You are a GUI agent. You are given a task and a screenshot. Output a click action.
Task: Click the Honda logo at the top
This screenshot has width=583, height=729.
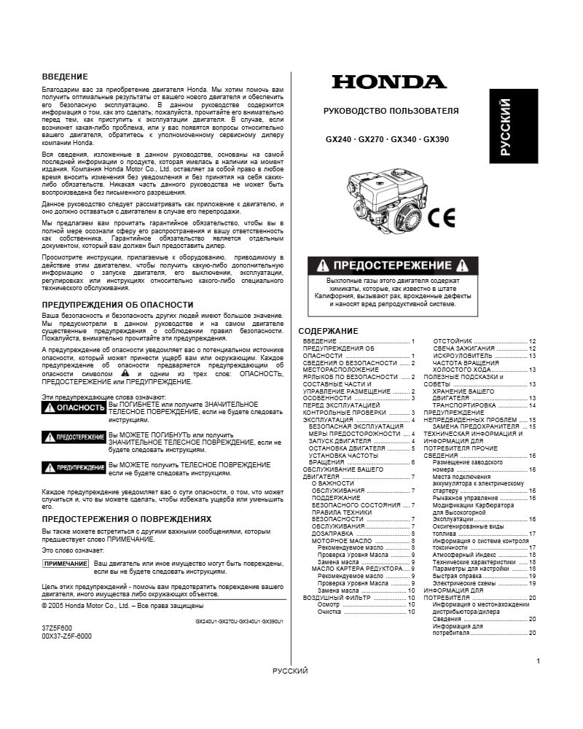[389, 82]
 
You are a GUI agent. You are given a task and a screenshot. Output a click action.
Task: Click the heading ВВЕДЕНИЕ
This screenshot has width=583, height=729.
[65, 77]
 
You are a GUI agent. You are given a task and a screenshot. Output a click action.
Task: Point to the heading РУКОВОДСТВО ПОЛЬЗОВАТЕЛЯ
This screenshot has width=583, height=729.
[391, 111]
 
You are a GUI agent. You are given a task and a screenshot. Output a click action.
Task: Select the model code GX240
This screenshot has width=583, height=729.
[338, 139]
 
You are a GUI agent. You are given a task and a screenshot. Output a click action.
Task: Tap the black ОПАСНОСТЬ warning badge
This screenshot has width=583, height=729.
[74, 408]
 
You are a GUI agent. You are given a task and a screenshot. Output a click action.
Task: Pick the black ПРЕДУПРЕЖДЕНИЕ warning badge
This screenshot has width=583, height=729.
[74, 466]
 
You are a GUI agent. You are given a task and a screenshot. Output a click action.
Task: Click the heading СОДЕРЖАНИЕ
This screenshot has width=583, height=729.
[329, 331]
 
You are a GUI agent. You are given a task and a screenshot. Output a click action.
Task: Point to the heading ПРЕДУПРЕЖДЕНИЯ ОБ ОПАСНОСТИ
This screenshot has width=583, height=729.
[107, 304]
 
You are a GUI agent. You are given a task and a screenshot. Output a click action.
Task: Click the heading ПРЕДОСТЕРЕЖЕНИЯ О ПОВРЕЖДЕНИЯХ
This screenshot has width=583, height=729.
[117, 519]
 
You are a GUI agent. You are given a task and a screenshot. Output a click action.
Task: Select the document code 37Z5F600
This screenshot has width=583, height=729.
[57, 628]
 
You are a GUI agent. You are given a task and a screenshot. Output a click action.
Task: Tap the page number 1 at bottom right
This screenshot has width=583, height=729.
[538, 661]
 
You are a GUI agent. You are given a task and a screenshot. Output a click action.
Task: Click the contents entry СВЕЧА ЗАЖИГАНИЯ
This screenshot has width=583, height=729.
[462, 348]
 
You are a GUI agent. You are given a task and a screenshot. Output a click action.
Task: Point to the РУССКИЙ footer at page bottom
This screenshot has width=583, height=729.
[290, 671]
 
